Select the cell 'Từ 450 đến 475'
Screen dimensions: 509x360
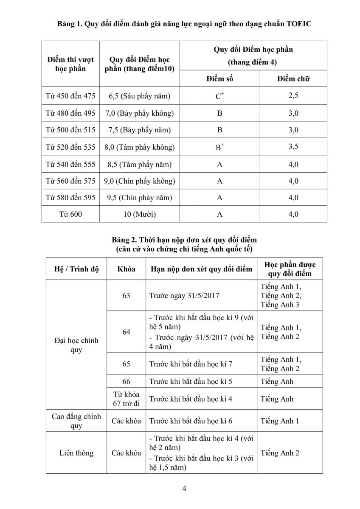(x=70, y=96)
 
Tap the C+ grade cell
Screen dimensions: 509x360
(x=219, y=96)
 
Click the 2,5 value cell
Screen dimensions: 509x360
(x=293, y=95)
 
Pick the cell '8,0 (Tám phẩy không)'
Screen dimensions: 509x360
(x=139, y=147)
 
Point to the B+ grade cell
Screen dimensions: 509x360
(x=219, y=147)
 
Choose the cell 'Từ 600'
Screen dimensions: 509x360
(x=70, y=214)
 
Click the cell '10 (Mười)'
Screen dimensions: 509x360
(x=139, y=214)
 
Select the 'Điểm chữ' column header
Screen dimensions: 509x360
(x=293, y=78)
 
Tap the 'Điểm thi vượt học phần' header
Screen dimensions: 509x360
(x=70, y=64)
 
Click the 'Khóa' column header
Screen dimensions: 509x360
(x=126, y=269)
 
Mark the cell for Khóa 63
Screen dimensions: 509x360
(x=126, y=296)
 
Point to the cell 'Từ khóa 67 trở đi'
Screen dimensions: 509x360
(x=126, y=399)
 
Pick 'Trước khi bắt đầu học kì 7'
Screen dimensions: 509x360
(x=191, y=364)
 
